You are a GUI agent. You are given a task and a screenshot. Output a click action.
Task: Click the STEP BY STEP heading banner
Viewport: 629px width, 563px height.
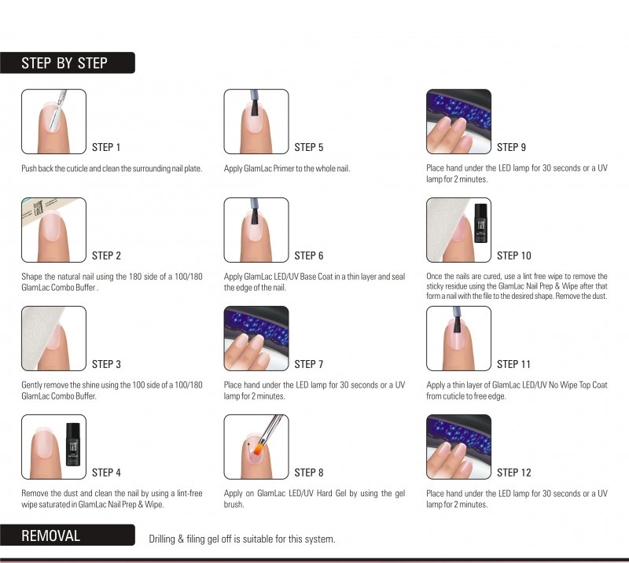(x=68, y=63)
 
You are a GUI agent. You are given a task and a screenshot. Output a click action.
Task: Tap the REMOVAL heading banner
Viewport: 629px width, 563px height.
(x=68, y=535)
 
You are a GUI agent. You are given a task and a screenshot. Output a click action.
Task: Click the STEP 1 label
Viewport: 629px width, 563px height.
(x=106, y=147)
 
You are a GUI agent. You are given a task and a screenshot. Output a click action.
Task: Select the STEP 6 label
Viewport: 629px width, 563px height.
(x=308, y=256)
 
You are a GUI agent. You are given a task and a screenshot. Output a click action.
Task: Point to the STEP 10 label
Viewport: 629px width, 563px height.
(x=514, y=256)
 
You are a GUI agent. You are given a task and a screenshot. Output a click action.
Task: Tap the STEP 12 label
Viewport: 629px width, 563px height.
(x=514, y=473)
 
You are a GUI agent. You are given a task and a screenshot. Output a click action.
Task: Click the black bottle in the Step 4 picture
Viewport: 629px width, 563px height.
(x=72, y=444)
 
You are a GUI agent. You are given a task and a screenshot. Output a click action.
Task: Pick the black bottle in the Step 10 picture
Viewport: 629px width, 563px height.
(x=481, y=223)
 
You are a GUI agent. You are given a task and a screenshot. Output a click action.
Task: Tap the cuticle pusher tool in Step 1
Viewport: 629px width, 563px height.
(x=57, y=110)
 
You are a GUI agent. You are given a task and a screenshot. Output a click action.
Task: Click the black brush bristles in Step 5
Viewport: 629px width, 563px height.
(x=254, y=108)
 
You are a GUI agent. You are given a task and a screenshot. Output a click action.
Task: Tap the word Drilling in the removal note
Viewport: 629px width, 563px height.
(x=162, y=539)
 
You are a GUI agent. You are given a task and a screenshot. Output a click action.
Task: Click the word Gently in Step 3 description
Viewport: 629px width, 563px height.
(x=31, y=385)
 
